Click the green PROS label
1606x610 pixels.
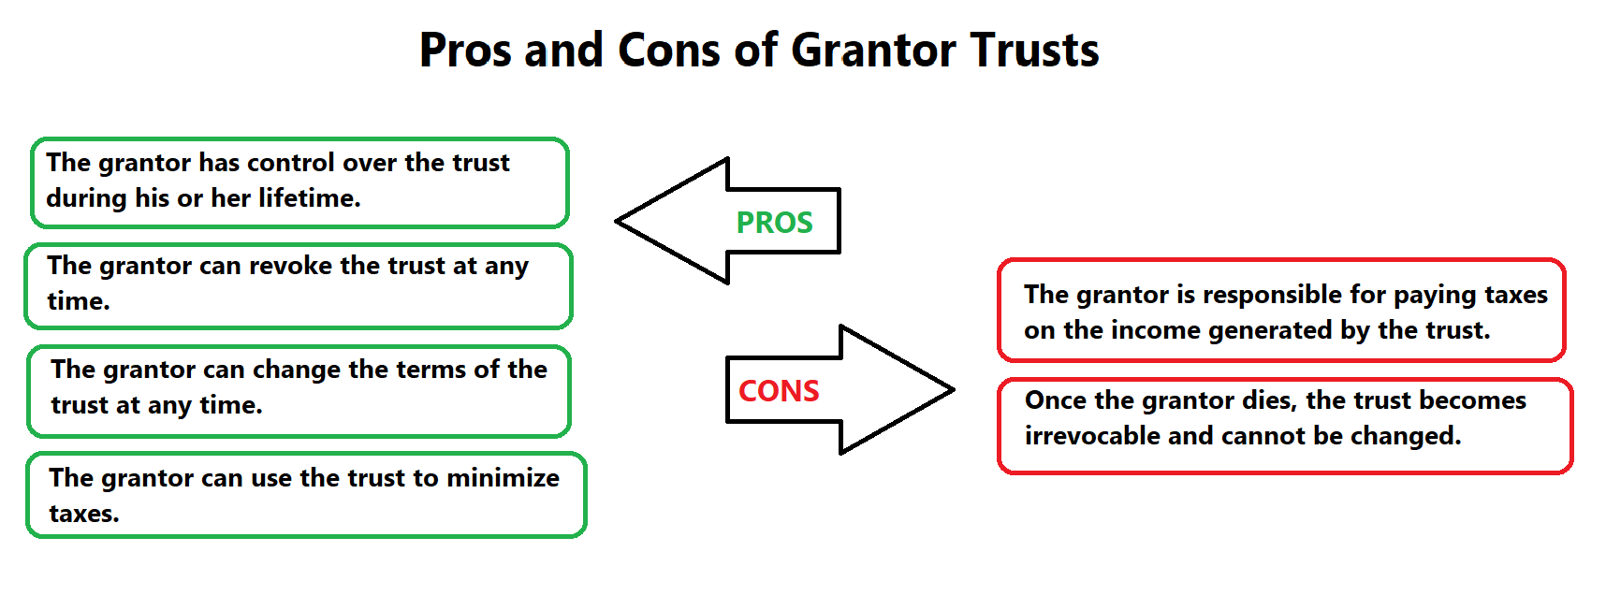[774, 223]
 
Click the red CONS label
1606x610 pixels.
[779, 391]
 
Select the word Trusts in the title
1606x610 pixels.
[1034, 51]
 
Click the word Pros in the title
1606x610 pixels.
[465, 51]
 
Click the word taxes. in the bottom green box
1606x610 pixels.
[84, 514]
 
